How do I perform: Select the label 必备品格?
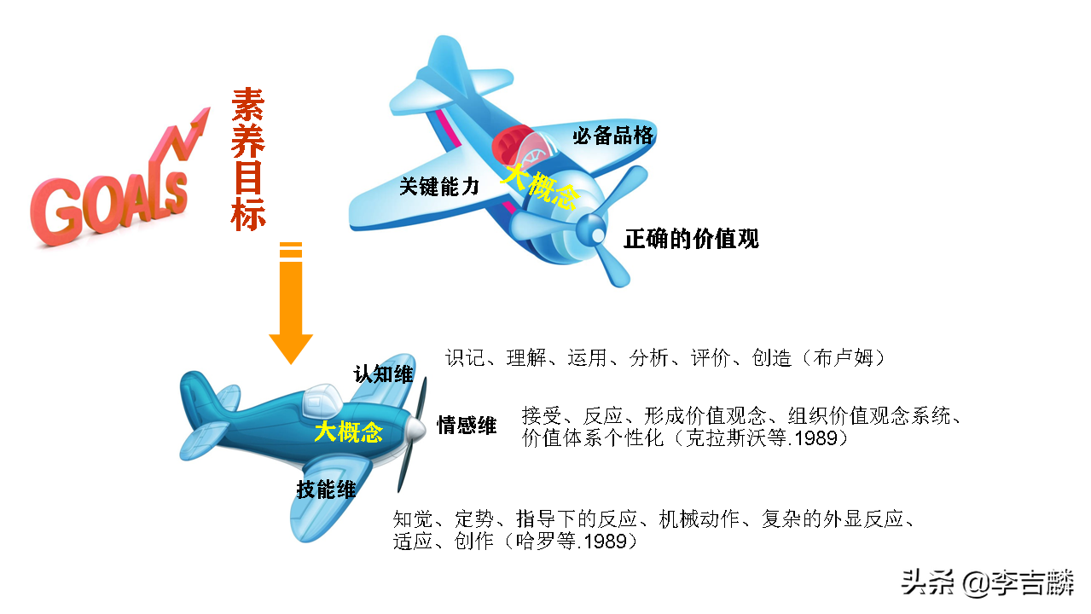tap(612, 136)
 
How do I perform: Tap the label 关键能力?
tap(440, 187)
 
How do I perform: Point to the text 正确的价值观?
tap(691, 239)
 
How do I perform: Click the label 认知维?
tap(383, 374)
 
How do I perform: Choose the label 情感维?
tap(467, 426)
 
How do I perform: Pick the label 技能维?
tap(326, 489)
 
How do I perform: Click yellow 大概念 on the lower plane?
tap(348, 432)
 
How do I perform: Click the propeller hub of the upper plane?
tap(589, 229)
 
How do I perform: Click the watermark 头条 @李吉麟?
tap(987, 583)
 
